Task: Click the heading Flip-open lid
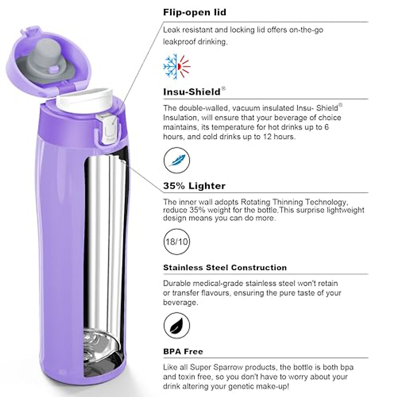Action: coord(195,13)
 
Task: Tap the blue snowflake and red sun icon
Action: coord(177,66)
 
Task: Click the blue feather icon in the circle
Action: coord(177,160)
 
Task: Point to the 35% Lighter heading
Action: coord(194,186)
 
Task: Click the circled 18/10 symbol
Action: coord(177,242)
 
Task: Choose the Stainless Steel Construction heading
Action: coord(225,267)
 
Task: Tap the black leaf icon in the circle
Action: coord(177,326)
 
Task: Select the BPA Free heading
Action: coord(183,351)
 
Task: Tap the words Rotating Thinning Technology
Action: coord(293,202)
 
